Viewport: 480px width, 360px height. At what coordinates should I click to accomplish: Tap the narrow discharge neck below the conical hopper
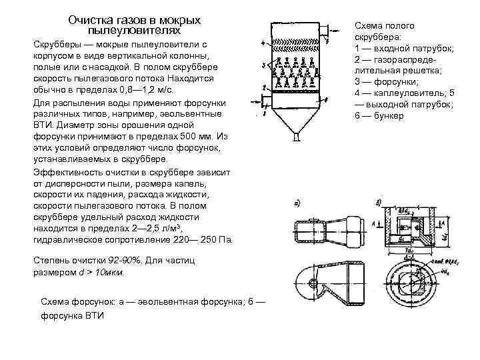[295, 138]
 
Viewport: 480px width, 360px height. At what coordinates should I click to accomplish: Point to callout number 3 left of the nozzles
[265, 66]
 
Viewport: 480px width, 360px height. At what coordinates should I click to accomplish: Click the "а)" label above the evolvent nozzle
[295, 203]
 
